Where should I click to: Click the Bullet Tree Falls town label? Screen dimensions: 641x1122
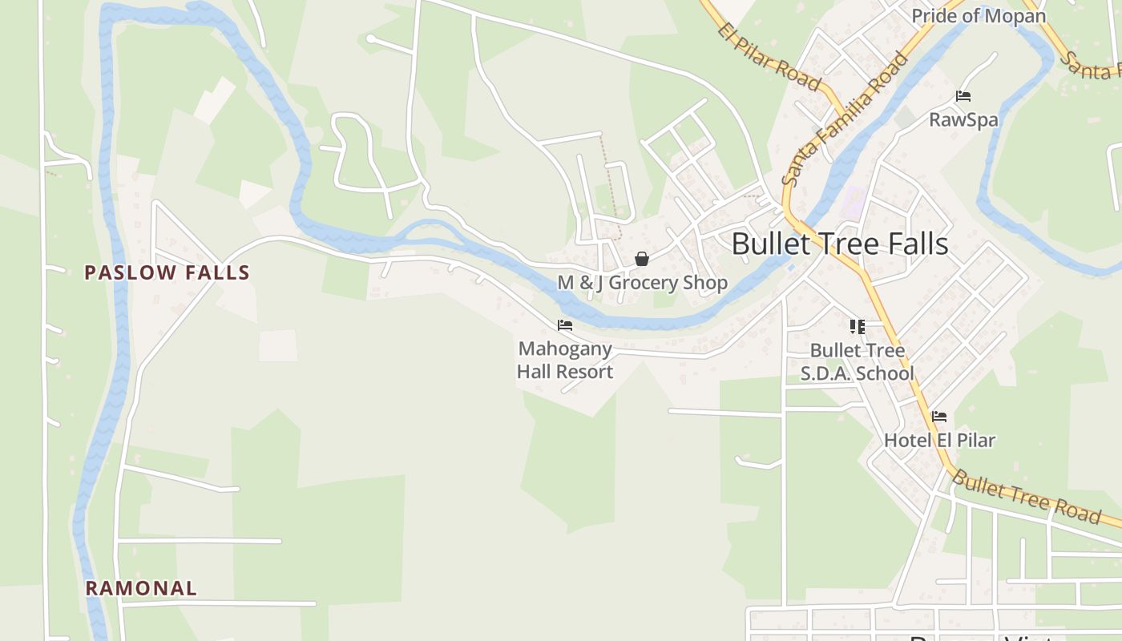pyautogui.click(x=840, y=244)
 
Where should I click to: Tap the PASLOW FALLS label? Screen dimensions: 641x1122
pyautogui.click(x=167, y=272)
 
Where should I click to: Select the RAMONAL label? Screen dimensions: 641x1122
pyautogui.click(x=141, y=588)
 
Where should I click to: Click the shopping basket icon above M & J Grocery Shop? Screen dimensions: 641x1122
pyautogui.click(x=642, y=259)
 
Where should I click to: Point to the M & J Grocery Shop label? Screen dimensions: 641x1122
pyautogui.click(x=643, y=283)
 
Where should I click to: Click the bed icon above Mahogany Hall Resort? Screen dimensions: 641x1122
pyautogui.click(x=565, y=325)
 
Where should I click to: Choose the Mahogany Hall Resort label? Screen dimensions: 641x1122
pyautogui.click(x=565, y=361)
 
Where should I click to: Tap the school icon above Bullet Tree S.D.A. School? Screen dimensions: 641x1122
pyautogui.click(x=858, y=327)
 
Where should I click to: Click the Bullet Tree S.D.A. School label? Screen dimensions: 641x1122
pyautogui.click(x=858, y=362)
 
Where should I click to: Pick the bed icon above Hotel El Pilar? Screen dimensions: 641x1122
pyautogui.click(x=939, y=417)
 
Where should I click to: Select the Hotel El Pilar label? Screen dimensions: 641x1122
pyautogui.click(x=939, y=440)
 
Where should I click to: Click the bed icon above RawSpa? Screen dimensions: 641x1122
pyautogui.click(x=963, y=97)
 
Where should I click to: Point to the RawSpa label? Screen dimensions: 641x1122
pyautogui.click(x=963, y=120)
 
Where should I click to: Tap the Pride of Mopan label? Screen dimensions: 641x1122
pyautogui.click(x=979, y=16)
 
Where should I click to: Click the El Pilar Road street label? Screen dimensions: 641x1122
pyautogui.click(x=769, y=57)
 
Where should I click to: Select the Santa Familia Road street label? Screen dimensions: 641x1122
pyautogui.click(x=846, y=118)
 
